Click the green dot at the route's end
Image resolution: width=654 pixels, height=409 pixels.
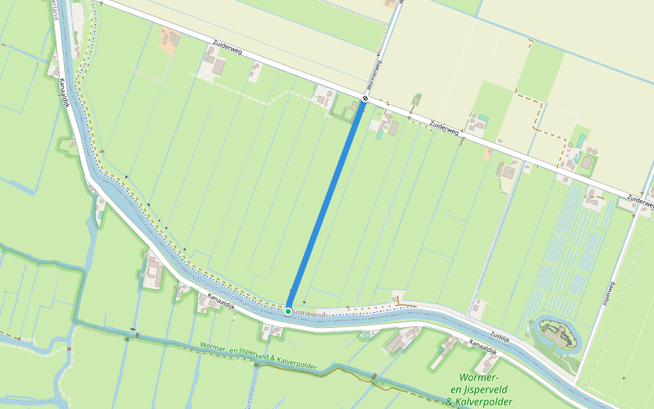click(288, 312)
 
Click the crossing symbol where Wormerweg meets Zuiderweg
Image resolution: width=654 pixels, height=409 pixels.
click(366, 98)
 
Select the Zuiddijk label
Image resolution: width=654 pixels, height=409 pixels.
click(500, 336)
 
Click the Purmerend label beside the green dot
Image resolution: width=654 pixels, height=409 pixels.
click(310, 314)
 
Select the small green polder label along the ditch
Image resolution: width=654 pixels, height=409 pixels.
click(258, 357)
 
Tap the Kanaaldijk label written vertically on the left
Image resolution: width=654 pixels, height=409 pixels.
click(63, 96)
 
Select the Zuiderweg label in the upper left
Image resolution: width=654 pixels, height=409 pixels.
click(227, 52)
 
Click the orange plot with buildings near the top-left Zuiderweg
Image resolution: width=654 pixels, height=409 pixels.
click(168, 41)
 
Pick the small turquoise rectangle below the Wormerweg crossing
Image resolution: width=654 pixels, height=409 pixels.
click(379, 134)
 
